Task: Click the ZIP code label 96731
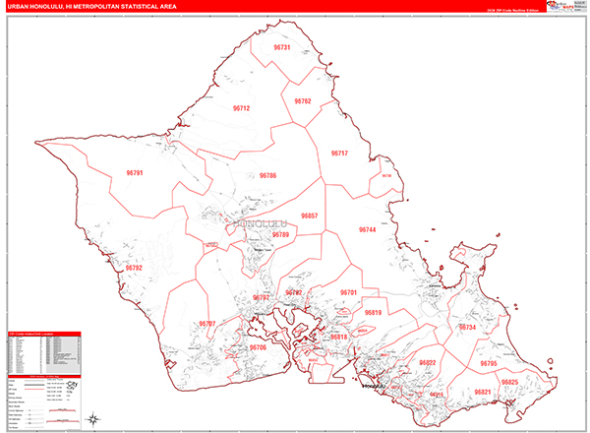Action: pyautogui.click(x=283, y=47)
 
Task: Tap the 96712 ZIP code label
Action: pyautogui.click(x=241, y=108)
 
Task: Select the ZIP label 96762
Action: pyautogui.click(x=302, y=101)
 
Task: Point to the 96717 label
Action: pyautogui.click(x=339, y=154)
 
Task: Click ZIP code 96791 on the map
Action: pyautogui.click(x=135, y=173)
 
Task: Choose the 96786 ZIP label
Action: pyautogui.click(x=268, y=176)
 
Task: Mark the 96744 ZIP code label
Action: pyautogui.click(x=368, y=229)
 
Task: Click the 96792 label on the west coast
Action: pyautogui.click(x=134, y=268)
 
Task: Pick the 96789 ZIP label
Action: pyautogui.click(x=281, y=236)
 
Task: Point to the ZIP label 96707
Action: pyautogui.click(x=207, y=324)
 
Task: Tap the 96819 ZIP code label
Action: pyautogui.click(x=373, y=313)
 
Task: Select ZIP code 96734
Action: pyautogui.click(x=467, y=327)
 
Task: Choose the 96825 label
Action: pyautogui.click(x=509, y=382)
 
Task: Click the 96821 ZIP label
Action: pyautogui.click(x=482, y=392)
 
